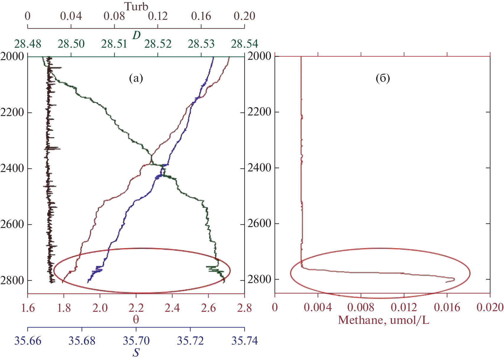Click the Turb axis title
136,7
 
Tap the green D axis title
136,36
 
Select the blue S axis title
136,353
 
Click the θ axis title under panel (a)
136,319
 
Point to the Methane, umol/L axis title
383,320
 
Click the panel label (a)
136,78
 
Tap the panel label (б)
383,78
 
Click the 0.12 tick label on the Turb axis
158,16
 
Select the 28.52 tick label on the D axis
158,44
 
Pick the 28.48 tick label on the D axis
28,44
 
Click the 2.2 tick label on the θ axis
136,308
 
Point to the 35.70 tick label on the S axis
136,341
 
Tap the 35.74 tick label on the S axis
244,341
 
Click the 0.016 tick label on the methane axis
447,307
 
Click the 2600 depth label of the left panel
12,224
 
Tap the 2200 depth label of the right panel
259,112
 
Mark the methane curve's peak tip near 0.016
454,279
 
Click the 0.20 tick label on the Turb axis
244,16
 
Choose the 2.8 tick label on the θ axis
244,308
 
